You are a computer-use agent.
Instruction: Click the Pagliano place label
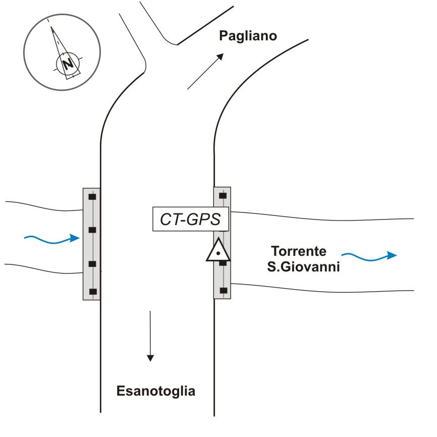[x=248, y=36]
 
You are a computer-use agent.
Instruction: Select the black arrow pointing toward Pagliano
[x=205, y=71]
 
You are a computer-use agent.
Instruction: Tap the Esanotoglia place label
[x=156, y=391]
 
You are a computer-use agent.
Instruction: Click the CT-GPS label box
[x=191, y=220]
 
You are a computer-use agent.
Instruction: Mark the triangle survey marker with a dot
[x=217, y=250]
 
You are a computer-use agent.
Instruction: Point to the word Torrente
[x=299, y=251]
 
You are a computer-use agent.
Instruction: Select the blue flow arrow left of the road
[x=52, y=239]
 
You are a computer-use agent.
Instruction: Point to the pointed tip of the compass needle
[x=50, y=29]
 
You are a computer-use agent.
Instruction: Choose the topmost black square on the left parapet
[x=92, y=196]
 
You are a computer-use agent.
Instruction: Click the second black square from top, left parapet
[x=92, y=230]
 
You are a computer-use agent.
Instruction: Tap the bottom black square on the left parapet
[x=92, y=291]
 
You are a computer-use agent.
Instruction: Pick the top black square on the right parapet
[x=223, y=195]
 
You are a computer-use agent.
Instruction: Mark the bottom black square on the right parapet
[x=223, y=290]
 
